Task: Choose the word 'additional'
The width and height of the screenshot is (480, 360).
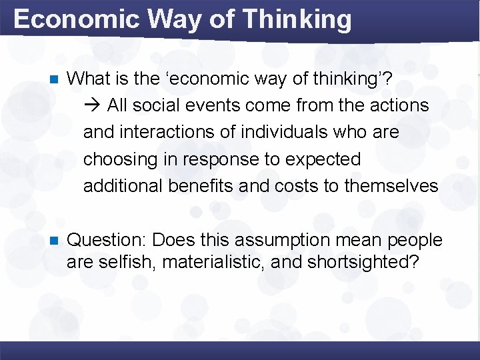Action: pyautogui.click(x=123, y=186)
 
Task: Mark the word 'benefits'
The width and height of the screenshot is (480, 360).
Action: pyautogui.click(x=201, y=186)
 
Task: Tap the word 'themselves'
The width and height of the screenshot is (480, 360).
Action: pyautogui.click(x=391, y=186)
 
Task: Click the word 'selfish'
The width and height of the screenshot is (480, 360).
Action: pyautogui.click(x=123, y=261)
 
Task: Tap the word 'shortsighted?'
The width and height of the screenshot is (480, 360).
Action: pyautogui.click(x=363, y=261)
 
